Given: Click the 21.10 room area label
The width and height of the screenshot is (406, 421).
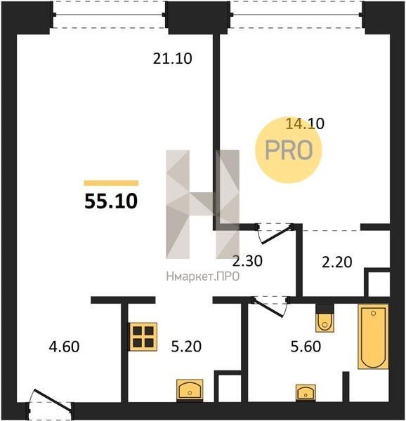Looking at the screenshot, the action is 173,58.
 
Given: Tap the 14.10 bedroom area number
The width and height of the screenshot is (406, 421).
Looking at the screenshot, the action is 305,123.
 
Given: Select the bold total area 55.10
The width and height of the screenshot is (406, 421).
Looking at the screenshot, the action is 111,201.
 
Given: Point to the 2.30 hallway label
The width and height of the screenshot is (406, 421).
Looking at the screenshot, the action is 247,261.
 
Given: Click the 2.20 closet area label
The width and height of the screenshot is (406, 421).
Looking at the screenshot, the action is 337,262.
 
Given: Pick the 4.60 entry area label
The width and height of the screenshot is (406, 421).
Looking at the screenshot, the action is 64,347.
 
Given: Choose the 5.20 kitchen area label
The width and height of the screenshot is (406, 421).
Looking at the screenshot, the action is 186,346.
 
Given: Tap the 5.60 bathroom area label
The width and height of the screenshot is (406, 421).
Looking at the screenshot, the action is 306,347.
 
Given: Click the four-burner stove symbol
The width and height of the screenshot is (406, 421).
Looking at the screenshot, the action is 143,337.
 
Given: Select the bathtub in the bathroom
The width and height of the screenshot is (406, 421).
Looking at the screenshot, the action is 373,336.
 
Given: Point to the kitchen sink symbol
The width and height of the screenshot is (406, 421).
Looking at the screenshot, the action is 190,390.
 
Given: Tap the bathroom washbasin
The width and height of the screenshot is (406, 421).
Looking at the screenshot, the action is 306,393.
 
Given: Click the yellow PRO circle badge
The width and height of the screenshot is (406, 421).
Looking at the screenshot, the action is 289,150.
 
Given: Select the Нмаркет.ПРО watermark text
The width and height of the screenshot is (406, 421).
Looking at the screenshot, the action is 203,276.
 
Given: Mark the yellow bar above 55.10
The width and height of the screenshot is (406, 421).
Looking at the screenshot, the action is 111,183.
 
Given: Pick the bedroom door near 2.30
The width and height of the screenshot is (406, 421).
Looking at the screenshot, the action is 275,233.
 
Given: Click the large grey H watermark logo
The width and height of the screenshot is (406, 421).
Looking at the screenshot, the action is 202,204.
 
